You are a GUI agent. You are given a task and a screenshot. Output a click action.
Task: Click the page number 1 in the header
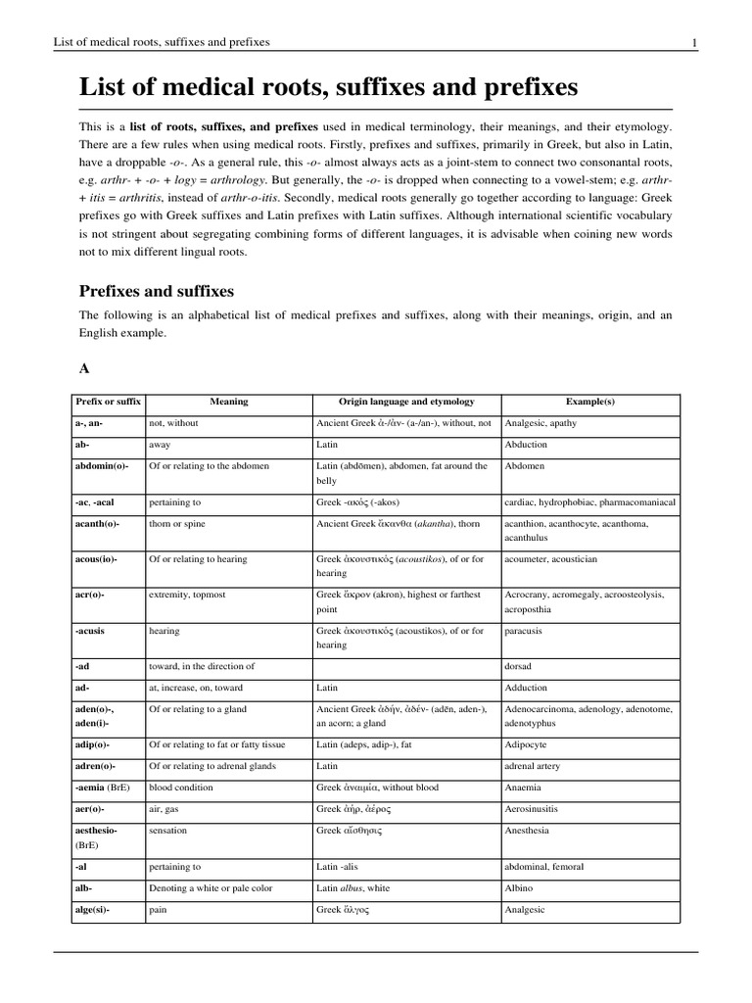click(694, 42)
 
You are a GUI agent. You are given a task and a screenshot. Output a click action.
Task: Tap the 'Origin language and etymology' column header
click(406, 402)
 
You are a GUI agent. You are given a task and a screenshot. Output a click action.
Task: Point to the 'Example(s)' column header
click(590, 402)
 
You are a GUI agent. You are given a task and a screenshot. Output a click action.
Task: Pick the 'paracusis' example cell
click(526, 632)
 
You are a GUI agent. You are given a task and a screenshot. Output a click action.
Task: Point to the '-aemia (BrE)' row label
click(108, 788)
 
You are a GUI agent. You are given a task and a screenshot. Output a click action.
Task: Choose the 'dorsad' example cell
click(518, 666)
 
